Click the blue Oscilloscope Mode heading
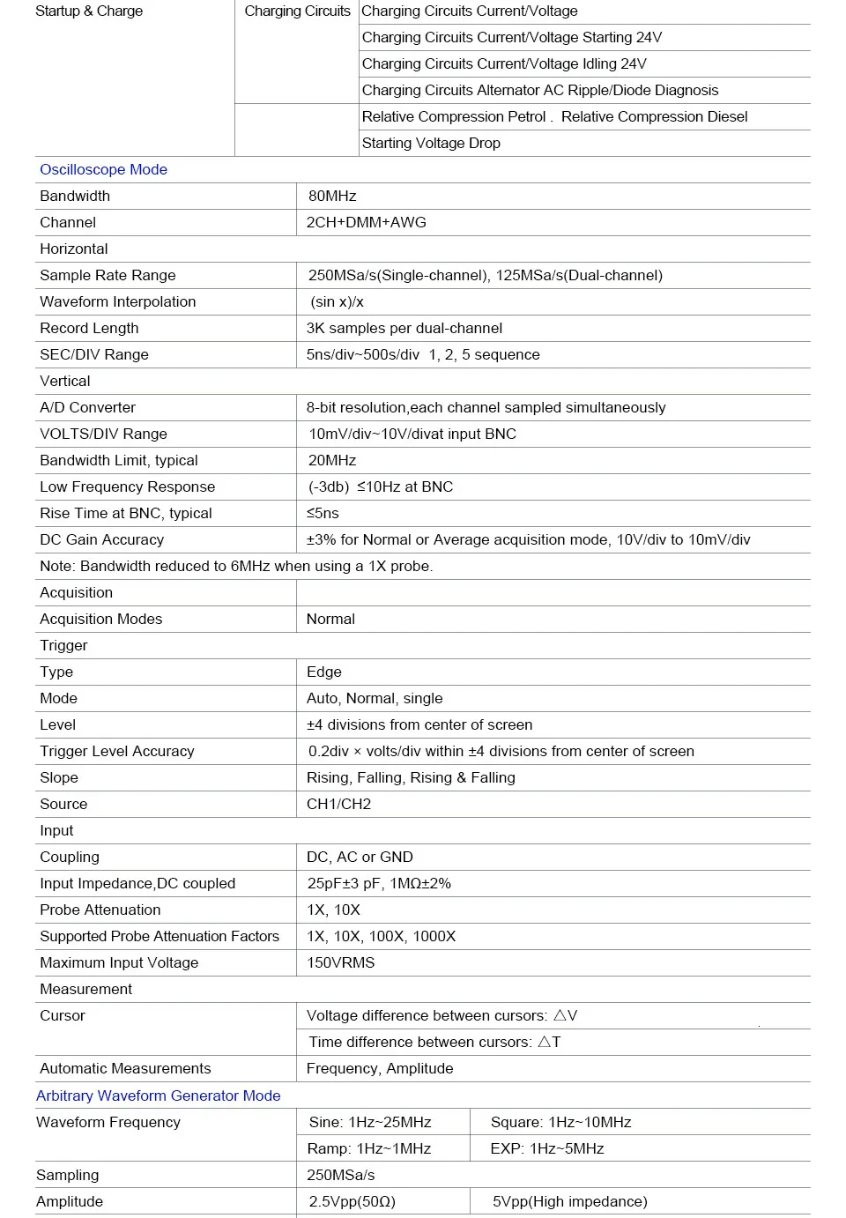coord(103,170)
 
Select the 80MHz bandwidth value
coord(332,197)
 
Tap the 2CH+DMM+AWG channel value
coord(366,223)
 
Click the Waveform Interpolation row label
coord(118,302)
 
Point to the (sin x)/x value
coord(337,302)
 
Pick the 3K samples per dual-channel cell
coord(404,329)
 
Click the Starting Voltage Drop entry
coord(431,144)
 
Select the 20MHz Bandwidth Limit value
coord(332,461)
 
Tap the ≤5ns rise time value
coord(323,514)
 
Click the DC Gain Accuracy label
coord(101,540)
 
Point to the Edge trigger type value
coord(323,672)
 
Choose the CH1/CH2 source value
coord(338,805)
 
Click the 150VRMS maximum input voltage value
coord(340,963)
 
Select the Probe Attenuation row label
coord(100,910)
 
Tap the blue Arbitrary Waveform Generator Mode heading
coord(158,1096)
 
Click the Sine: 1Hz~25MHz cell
coord(370,1123)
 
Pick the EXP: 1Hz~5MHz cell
coord(547,1149)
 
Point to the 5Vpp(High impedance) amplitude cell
coord(569,1202)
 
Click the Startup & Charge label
coord(89,11)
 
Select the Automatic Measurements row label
coord(125,1069)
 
